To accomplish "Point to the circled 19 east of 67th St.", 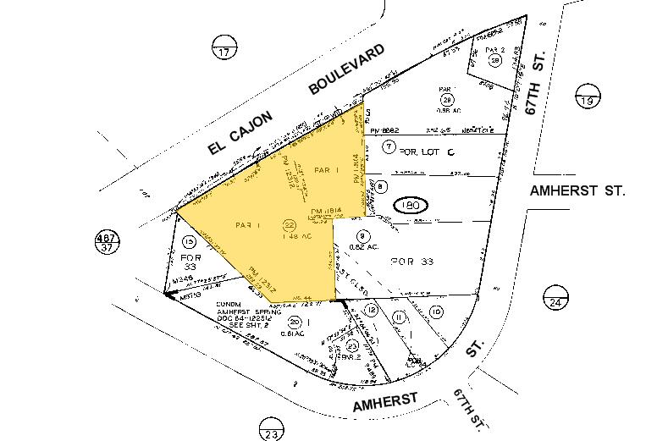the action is click(x=585, y=101).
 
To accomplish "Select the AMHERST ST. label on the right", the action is click(x=577, y=191).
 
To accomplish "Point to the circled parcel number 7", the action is click(x=389, y=147).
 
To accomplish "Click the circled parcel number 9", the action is click(x=363, y=236).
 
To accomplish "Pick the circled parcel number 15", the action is click(x=189, y=242).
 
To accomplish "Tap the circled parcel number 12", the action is click(x=371, y=311).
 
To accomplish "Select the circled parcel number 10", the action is click(x=436, y=313).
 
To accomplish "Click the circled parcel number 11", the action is click(x=400, y=316).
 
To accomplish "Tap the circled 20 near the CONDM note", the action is click(x=294, y=322).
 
